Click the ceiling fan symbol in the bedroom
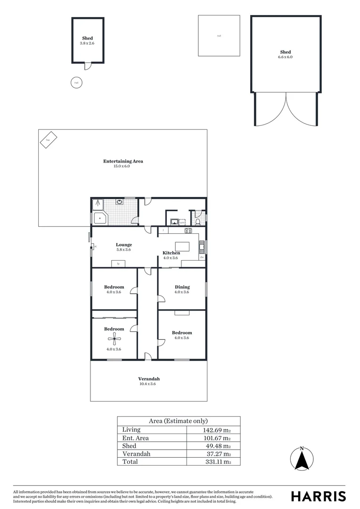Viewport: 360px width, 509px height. [114, 338]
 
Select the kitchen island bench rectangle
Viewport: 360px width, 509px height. [182, 246]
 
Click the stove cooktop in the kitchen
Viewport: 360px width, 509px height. [188, 230]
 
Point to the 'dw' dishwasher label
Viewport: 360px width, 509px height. [202, 257]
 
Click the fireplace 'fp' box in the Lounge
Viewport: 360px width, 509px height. [118, 263]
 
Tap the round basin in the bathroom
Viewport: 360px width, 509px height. [120, 202]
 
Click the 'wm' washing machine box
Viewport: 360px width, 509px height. [175, 222]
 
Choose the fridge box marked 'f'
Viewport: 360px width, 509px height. [163, 230]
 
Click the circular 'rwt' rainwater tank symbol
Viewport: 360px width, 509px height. [75, 82]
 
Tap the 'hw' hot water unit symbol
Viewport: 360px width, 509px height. [49, 140]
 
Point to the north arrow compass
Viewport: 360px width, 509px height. [302, 458]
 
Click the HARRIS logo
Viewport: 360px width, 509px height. [318, 496]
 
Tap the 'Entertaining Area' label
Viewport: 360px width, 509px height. [123, 161]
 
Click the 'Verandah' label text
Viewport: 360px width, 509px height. [149, 379]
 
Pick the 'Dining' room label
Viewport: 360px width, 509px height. [182, 287]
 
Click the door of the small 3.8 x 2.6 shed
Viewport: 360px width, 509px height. [87, 66]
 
